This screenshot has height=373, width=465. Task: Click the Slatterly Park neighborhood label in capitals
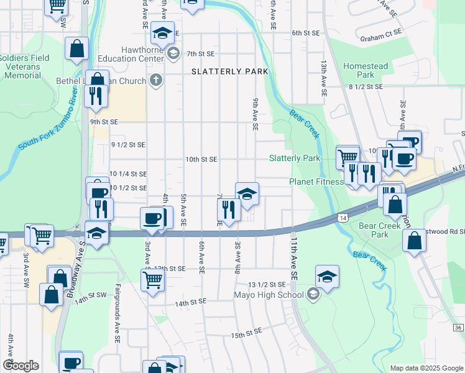(x=230, y=71)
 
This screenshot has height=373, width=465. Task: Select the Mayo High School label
(x=271, y=295)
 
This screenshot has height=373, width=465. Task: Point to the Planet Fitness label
(x=316, y=182)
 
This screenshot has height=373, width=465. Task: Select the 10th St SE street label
(x=201, y=159)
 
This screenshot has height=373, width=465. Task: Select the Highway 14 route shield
(x=343, y=218)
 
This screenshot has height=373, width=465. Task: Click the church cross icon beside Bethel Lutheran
(x=155, y=80)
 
